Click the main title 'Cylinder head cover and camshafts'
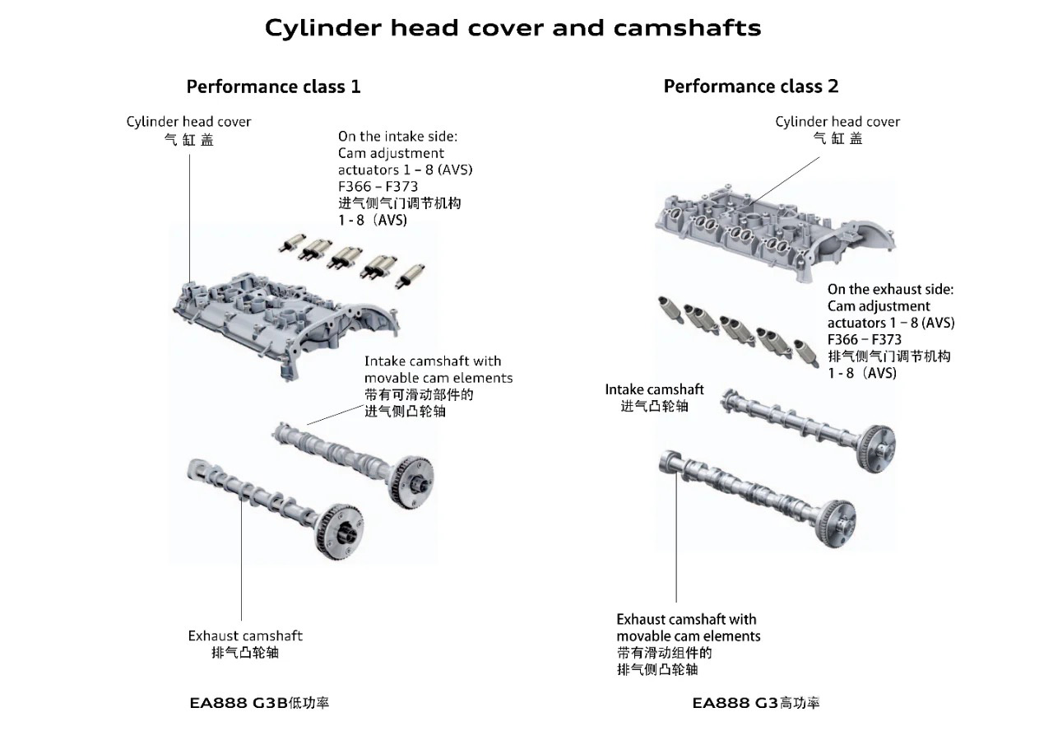coord(513,28)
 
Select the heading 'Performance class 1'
coord(273,86)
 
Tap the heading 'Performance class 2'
coord(750,86)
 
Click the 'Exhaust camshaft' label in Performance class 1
coord(245,636)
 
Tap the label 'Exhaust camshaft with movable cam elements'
coord(688,628)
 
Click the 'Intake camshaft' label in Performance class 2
coord(654,389)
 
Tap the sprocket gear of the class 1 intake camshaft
coord(414,480)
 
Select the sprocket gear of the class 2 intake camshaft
coord(874,448)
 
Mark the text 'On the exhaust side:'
coord(890,290)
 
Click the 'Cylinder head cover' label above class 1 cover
coord(188,122)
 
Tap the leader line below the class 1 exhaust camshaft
coord(242,576)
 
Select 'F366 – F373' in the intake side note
coord(378,186)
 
